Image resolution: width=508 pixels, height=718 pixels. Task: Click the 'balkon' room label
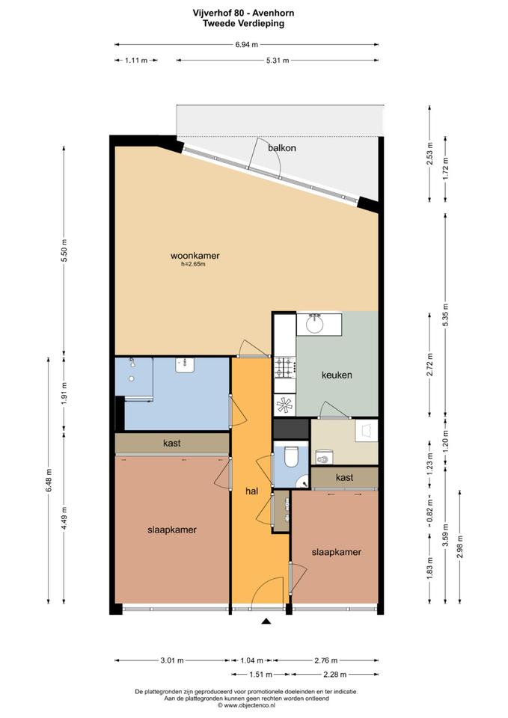[x=282, y=148]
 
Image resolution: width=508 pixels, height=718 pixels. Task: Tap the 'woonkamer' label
[x=195, y=256]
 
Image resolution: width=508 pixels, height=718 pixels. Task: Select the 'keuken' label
[x=337, y=375]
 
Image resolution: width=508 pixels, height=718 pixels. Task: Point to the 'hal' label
[x=251, y=491]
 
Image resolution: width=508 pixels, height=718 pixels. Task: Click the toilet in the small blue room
[x=290, y=456]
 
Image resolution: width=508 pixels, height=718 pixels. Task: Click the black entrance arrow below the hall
[x=266, y=621]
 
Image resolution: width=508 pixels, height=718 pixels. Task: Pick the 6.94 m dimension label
[x=246, y=44]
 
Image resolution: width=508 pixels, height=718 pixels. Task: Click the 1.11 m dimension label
[x=136, y=60]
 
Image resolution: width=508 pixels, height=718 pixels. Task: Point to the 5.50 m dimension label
[x=64, y=250]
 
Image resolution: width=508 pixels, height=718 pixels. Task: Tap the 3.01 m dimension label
[x=172, y=660]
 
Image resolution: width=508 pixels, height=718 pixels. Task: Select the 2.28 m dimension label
[x=335, y=674]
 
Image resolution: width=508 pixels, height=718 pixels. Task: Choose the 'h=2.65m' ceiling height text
[x=193, y=264]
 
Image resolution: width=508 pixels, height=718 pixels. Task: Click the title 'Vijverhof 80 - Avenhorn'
[x=244, y=13]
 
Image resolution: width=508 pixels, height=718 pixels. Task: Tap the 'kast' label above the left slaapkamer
[x=172, y=444]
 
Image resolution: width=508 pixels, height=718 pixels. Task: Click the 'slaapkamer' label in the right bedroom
[x=336, y=552]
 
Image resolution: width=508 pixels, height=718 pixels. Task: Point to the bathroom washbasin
[x=185, y=365]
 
